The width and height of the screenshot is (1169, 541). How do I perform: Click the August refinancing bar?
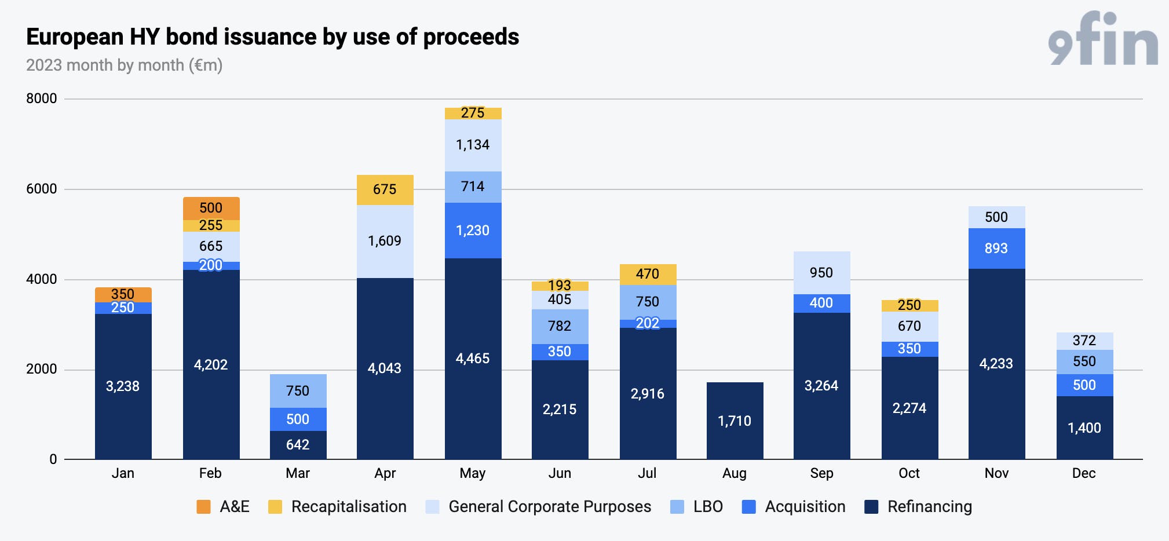[735, 421]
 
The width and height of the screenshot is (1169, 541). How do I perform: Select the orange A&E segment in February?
[211, 209]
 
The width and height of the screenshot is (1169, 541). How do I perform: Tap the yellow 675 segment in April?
[385, 190]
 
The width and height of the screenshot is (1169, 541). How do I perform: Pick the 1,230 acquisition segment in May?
[473, 231]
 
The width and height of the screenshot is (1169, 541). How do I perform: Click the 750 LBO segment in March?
[298, 391]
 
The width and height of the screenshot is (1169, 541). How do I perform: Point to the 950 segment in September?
[821, 273]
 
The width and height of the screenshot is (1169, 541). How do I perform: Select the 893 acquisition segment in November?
[996, 248]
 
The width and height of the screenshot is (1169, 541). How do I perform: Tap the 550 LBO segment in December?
[1084, 362]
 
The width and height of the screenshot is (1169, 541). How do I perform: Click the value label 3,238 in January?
[123, 386]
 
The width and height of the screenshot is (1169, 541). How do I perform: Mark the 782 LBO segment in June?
[560, 327]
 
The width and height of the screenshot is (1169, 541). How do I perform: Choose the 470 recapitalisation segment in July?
[648, 275]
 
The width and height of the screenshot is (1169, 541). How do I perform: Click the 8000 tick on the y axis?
[42, 98]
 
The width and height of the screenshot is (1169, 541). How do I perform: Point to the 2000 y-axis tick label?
[42, 369]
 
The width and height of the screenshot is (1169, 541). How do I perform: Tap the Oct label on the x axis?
[909, 473]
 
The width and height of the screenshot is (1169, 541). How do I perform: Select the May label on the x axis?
[473, 474]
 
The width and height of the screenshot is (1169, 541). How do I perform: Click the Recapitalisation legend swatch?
[275, 507]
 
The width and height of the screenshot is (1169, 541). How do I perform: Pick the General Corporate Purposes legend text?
[550, 507]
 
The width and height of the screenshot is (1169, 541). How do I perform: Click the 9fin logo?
[1103, 38]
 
